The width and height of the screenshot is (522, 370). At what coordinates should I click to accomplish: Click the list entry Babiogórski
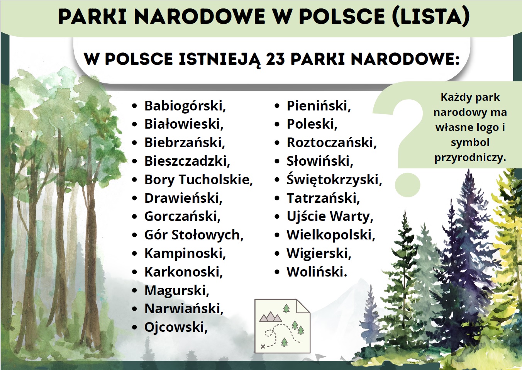185,106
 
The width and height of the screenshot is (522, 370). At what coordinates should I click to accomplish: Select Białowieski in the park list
184,124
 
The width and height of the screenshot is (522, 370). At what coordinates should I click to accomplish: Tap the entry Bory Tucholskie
198,180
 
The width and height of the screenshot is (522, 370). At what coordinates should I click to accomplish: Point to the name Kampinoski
185,254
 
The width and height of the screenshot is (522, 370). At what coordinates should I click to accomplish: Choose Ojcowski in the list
176,327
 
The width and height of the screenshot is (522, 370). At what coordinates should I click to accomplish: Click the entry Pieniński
319,106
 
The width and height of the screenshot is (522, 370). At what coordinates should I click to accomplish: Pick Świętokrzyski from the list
334,180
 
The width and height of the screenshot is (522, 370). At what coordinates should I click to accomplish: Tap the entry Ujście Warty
330,217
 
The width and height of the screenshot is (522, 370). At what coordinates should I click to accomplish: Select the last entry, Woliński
317,272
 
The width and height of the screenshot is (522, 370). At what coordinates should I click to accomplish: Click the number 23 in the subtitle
275,59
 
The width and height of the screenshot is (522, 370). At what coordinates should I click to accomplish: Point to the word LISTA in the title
431,17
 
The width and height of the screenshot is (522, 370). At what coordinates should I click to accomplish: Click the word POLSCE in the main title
342,17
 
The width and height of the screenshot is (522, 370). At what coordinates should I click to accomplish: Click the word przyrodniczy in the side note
470,158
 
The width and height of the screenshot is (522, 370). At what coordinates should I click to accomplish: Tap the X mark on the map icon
263,346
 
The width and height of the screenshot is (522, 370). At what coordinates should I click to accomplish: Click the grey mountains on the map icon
271,317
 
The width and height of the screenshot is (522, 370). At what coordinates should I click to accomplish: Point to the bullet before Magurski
134,290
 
